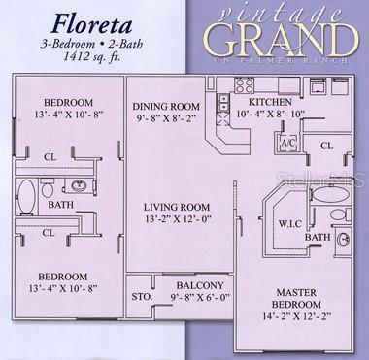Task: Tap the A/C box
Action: (x=287, y=142)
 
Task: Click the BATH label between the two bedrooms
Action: (x=59, y=205)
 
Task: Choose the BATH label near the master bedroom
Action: (x=317, y=237)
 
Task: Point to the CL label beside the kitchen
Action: (x=327, y=146)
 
